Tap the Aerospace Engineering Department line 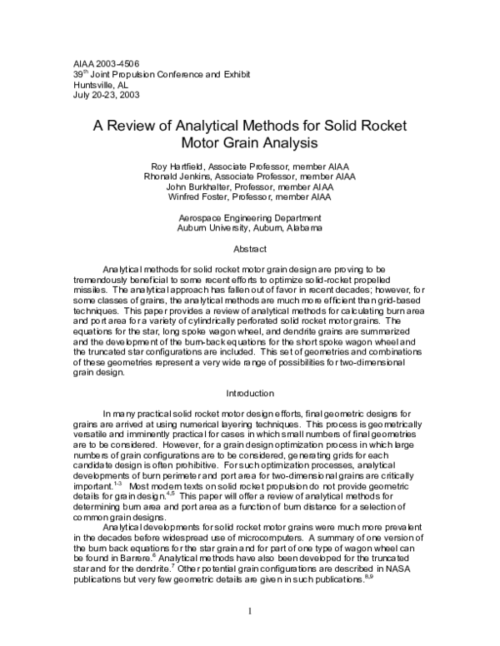point(249,217)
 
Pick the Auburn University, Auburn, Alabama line point(249,227)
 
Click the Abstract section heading point(249,249)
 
